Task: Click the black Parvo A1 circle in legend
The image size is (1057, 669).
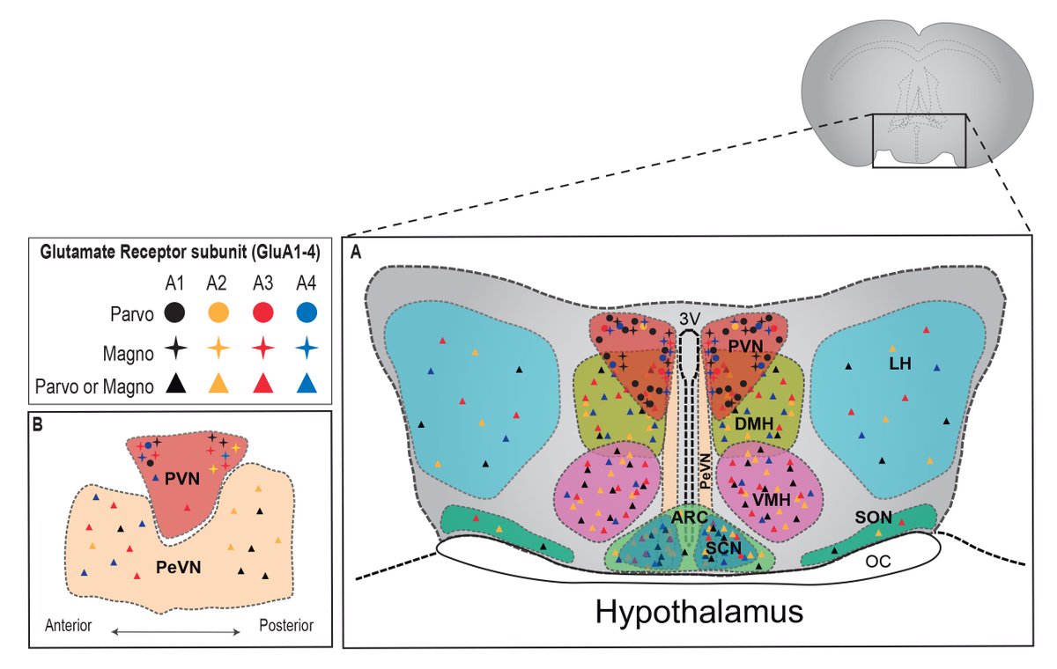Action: (x=176, y=312)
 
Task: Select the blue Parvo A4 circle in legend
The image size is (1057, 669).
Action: (x=306, y=312)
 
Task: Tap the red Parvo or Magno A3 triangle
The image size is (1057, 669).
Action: (x=262, y=384)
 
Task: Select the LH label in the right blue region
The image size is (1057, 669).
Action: (x=899, y=362)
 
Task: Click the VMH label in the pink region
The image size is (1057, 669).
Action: (x=769, y=498)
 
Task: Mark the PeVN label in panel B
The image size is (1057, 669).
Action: (x=179, y=568)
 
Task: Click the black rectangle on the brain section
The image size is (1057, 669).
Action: (x=920, y=141)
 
